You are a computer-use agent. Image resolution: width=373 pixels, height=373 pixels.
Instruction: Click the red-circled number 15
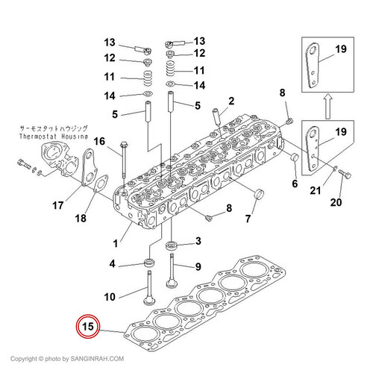[x=88, y=326]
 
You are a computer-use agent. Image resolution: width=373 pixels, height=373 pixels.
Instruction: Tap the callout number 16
[x=99, y=142]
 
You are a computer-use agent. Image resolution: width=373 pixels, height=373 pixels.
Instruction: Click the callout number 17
[x=57, y=205]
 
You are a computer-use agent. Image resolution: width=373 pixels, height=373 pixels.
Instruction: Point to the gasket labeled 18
[x=101, y=184]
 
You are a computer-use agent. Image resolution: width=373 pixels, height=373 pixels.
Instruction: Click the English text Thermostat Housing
[x=54, y=137]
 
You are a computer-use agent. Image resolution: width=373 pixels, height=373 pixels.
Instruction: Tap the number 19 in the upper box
[x=341, y=49]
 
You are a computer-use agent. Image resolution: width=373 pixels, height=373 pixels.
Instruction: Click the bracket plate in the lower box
[x=313, y=148]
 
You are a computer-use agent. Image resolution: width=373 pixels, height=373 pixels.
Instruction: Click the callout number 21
[x=316, y=191]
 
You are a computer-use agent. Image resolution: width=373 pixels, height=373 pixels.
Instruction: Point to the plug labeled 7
[x=258, y=194]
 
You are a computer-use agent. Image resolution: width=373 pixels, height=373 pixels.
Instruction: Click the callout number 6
[x=295, y=184]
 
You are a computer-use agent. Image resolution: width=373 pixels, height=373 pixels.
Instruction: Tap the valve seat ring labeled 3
[x=171, y=245]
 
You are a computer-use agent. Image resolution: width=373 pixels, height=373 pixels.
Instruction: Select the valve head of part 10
[x=149, y=300]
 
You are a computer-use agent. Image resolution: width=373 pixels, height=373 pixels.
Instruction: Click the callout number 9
[x=198, y=266]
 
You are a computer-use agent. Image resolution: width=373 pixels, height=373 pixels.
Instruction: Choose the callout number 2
[x=231, y=101]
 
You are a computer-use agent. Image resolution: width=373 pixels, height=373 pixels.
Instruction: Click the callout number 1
[x=116, y=243]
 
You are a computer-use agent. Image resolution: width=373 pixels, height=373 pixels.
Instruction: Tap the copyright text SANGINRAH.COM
[x=97, y=359]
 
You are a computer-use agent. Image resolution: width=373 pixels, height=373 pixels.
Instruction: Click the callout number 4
[x=113, y=263]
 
